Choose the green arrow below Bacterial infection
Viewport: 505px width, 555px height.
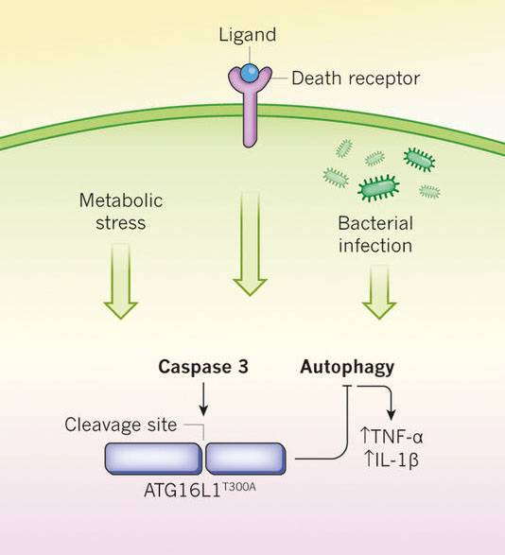coord(377,288)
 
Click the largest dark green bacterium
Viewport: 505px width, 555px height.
coord(378,188)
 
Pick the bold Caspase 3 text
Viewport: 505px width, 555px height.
coord(203,365)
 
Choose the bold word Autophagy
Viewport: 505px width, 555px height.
coord(347,365)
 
